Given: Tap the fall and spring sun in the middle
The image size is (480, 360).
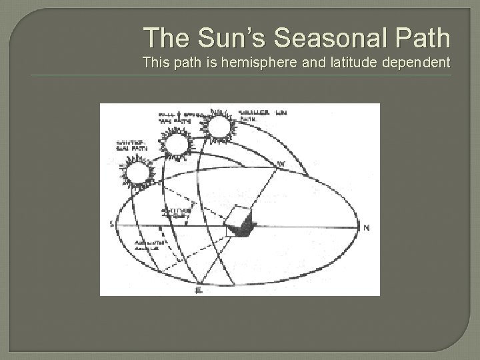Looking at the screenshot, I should point(177,145).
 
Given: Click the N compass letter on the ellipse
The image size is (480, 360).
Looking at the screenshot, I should point(366,227).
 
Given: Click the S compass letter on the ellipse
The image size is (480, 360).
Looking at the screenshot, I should point(111,223).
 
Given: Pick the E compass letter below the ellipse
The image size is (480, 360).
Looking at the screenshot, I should point(197,290).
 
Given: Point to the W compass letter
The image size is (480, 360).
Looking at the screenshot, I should point(281,163).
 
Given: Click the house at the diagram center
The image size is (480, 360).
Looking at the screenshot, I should point(239,222).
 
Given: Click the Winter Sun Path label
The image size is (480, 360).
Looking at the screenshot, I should point(128,145).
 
